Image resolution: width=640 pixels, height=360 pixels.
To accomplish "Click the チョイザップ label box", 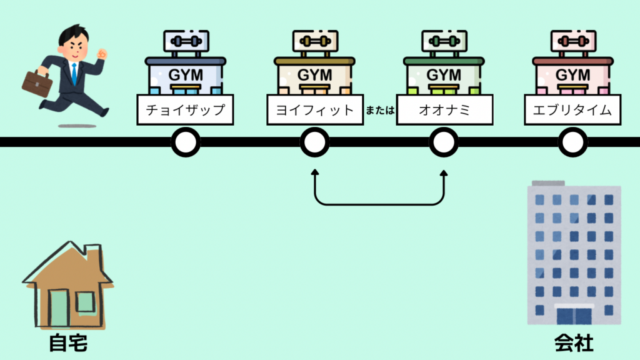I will coord(185,111).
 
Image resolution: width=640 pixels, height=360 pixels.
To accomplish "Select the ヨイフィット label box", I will coord(314,111).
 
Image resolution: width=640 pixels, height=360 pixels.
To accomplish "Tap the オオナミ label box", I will coord(444,111).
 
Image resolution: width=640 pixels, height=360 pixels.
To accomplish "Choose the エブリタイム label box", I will coord(573,111).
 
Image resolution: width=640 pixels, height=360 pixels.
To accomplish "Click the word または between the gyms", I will coord(379,111).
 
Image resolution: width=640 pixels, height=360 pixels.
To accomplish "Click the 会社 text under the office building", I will coord(573,343).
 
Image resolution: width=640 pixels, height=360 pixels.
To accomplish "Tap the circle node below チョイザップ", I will coord(185,142).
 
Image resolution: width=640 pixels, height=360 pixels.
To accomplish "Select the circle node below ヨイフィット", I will coord(314,142).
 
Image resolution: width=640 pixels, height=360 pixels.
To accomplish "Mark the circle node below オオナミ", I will coord(444,142).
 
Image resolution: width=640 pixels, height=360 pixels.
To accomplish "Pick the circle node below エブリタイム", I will coord(573,142).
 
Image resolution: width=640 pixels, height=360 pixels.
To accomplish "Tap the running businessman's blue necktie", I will coord(74,74).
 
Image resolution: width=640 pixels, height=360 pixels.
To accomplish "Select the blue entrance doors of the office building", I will coord(574,316).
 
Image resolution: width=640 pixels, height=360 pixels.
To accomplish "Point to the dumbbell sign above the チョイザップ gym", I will coord(185,41).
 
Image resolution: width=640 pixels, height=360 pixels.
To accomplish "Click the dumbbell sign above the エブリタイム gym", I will coord(573,41).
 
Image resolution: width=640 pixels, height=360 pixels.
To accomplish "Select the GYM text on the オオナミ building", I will coord(444,76).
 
